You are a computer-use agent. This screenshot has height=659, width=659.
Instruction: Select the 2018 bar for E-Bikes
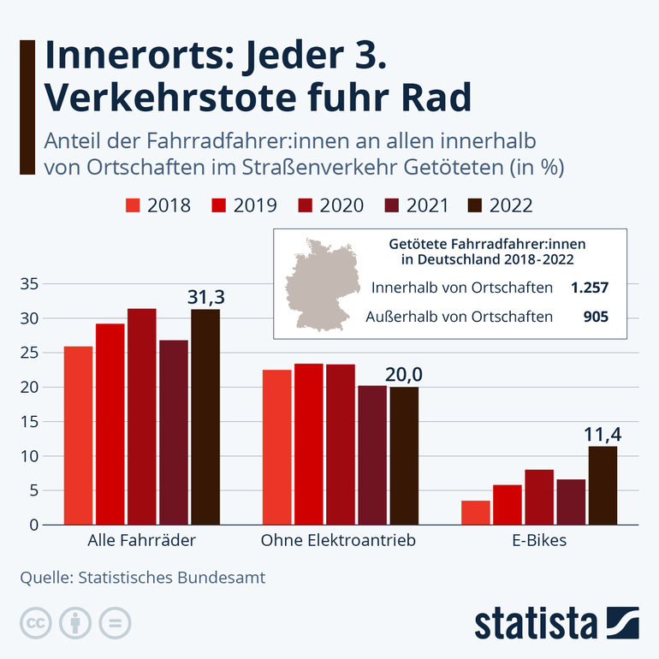pyautogui.click(x=475, y=513)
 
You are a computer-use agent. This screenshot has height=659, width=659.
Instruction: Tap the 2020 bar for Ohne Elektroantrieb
pyautogui.click(x=341, y=444)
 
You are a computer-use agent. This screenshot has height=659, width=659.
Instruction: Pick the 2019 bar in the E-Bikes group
pyautogui.click(x=508, y=505)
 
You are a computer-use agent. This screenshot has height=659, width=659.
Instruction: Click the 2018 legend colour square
pyautogui.click(x=133, y=205)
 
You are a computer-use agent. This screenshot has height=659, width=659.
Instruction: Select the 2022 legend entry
pyautogui.click(x=500, y=205)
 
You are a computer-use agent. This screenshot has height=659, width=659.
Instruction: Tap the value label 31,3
pyautogui.click(x=205, y=297)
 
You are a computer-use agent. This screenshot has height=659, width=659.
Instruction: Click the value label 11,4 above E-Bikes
pyautogui.click(x=603, y=435)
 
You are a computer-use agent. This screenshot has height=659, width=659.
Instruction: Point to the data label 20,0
pyautogui.click(x=404, y=375)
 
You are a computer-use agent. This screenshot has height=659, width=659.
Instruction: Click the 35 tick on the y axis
pyautogui.click(x=29, y=284)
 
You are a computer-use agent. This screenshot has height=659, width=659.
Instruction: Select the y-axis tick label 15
pyautogui.click(x=29, y=422)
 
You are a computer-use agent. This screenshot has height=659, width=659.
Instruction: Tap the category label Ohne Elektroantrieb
pyautogui.click(x=338, y=541)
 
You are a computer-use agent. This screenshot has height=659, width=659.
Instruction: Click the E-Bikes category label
pyautogui.click(x=539, y=541)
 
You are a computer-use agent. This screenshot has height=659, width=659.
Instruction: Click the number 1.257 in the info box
pyautogui.click(x=590, y=288)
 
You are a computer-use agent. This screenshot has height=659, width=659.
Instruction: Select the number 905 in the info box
pyautogui.click(x=595, y=317)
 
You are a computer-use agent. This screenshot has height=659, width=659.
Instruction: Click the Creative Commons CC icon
pyautogui.click(x=34, y=622)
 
